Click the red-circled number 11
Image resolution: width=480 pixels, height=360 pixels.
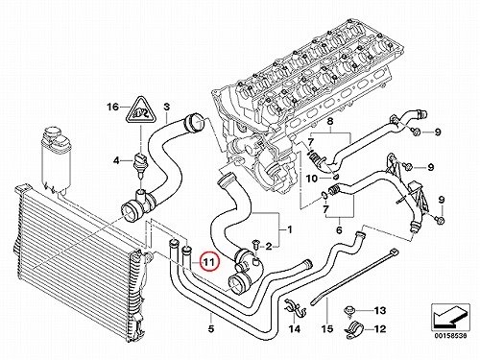point(208,262)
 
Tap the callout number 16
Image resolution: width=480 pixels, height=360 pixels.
point(112,107)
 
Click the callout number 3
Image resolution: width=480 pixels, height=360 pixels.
point(167,107)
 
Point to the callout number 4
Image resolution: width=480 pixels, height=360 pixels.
point(117,160)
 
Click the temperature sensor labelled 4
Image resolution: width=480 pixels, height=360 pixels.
point(140,165)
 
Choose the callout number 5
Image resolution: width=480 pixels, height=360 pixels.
point(211,328)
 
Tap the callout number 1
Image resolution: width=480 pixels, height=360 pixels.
point(290,229)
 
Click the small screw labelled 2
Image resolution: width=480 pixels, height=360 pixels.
point(255,244)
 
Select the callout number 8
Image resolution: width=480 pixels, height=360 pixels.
point(330,122)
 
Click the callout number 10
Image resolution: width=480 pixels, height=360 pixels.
point(311,179)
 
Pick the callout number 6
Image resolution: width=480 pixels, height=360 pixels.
point(339,229)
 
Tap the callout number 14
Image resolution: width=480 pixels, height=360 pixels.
point(295,328)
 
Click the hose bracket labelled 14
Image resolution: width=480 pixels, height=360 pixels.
point(295,308)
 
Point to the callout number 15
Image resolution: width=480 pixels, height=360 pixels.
point(327,328)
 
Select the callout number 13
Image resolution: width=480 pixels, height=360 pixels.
point(380,310)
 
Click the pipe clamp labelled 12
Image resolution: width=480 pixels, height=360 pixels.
point(355,329)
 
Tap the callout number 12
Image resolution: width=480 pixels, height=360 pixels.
point(380,328)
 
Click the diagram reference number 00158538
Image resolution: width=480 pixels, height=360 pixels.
point(450,336)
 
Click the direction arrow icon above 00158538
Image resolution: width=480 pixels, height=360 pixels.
point(450,316)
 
